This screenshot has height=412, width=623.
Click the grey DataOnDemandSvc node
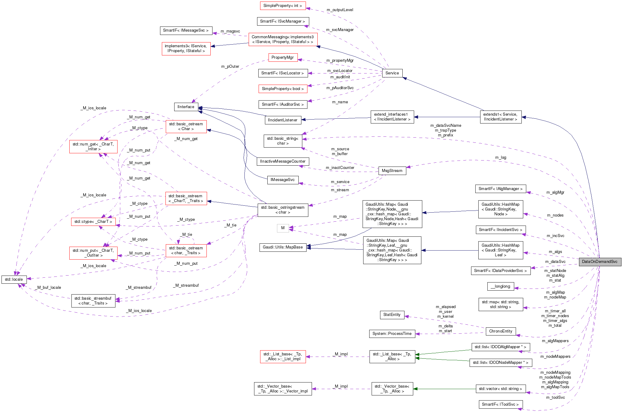tap(599, 262)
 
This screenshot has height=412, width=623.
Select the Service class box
tap(392, 73)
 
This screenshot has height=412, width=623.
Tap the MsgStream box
tap(392, 171)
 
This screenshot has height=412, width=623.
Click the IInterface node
tap(186, 107)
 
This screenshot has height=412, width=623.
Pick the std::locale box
tap(14, 279)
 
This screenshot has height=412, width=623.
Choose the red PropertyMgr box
tap(282, 58)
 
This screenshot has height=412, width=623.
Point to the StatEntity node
tap(392, 315)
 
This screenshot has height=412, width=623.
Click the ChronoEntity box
tap(501, 331)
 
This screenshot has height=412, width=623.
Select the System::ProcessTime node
tap(392, 334)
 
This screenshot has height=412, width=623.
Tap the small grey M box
tap(283, 228)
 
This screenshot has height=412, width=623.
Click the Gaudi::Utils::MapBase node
tap(283, 247)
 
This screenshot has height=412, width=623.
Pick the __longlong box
tap(500, 286)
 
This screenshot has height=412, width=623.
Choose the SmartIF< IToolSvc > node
tap(500, 404)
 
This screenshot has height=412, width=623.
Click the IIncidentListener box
tap(283, 120)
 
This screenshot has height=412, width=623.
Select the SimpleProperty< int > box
tap(282, 6)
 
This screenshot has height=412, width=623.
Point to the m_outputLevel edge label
tap(340, 10)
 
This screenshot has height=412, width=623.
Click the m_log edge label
tap(500, 158)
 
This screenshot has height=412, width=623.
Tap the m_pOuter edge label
tap(230, 67)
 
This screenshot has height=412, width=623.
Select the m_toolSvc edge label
tap(555, 398)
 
